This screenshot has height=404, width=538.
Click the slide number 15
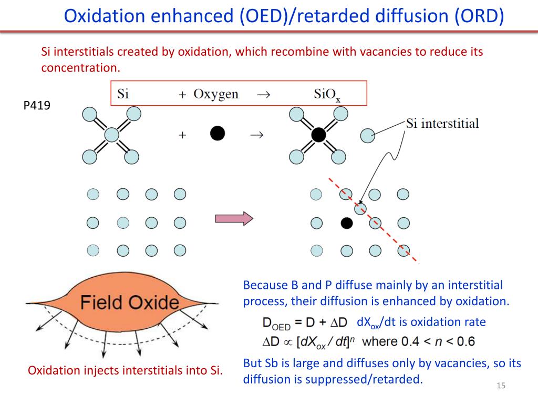501,387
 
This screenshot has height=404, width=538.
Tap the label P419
37,105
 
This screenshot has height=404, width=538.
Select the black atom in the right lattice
346,223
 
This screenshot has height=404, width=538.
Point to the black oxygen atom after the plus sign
218,134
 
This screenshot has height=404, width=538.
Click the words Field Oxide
129,302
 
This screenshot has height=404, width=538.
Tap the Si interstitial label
442,124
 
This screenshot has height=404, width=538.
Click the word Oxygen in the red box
216,94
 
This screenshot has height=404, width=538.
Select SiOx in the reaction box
327,95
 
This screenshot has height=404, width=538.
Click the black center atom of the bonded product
318,135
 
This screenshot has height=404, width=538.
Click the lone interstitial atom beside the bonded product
367,136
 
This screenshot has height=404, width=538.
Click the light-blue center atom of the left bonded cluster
111,135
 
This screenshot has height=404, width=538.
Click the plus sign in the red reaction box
182,95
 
